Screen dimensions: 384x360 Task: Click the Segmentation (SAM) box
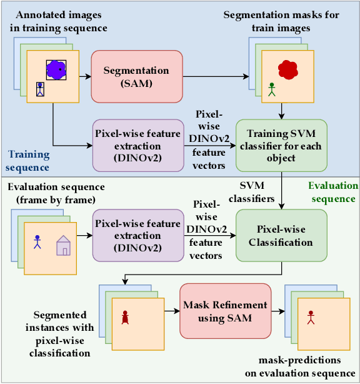[x=136, y=76]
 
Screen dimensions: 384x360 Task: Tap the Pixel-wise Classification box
[x=281, y=235]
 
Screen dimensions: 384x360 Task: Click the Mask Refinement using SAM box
[x=226, y=311]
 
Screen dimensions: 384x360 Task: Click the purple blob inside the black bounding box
[x=56, y=71]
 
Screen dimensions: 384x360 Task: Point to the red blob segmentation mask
[x=287, y=70]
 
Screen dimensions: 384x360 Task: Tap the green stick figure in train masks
[x=271, y=89]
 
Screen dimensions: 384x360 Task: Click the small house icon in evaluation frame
[x=63, y=245]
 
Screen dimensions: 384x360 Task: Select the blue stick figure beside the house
[x=37, y=241]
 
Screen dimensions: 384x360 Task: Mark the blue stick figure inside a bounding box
[x=41, y=90]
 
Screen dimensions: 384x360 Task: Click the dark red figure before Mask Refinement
[x=124, y=319]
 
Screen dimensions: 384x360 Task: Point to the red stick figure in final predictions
[x=310, y=319]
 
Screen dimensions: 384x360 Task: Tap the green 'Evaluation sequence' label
[x=332, y=192]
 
